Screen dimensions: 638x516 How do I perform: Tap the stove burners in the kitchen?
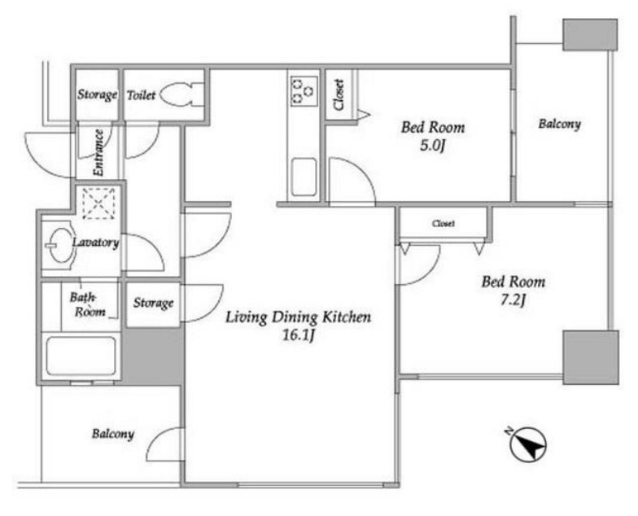coord(304,91)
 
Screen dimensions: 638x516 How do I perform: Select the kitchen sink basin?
coord(304,177)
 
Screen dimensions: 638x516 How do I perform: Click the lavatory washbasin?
coord(61,244)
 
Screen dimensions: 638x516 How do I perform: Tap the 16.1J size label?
coord(299,336)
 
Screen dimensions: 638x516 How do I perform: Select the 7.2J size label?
coord(513,301)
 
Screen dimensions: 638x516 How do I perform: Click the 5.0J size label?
coord(432,146)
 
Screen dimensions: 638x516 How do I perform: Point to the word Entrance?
coord(98,153)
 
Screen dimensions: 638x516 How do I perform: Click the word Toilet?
coord(142,96)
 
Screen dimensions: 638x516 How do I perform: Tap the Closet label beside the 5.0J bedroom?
coord(339,94)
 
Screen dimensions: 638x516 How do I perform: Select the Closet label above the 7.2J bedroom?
coord(443,223)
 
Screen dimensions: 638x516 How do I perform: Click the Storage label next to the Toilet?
coord(98,94)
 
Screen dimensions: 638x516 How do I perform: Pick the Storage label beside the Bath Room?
coord(153,303)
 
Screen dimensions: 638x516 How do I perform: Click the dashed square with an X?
coord(99,203)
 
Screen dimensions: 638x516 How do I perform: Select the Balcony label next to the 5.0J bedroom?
coord(559,124)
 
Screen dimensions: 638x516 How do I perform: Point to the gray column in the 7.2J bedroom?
coord(591,357)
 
